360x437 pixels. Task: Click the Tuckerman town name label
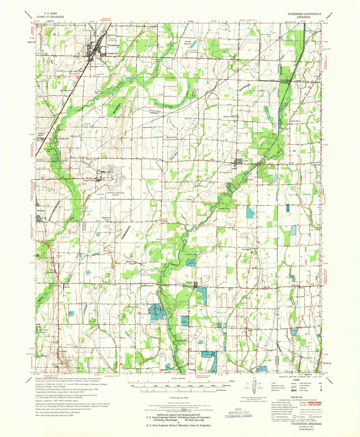point(113,45)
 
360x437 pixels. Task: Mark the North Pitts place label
point(295,121)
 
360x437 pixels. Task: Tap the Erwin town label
point(67,287)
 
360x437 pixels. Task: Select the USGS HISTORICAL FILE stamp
point(238,412)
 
